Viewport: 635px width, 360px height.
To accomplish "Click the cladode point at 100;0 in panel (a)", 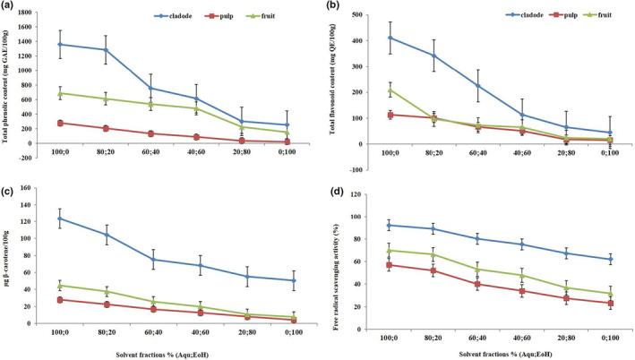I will [x=61, y=44].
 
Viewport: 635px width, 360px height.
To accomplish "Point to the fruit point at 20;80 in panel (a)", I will [x=243, y=126].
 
